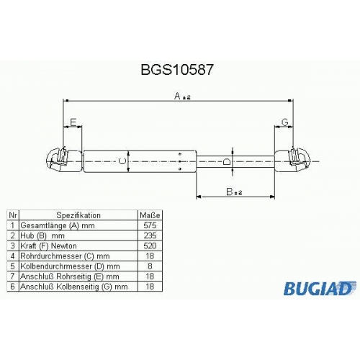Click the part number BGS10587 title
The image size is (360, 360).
[177, 70]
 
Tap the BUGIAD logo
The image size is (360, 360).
[318, 288]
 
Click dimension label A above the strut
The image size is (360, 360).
[177, 96]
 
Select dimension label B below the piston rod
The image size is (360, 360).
[230, 192]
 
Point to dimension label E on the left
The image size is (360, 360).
[73, 122]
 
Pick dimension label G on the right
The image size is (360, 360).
[284, 122]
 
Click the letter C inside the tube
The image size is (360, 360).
[122, 161]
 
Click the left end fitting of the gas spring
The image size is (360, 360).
[64, 160]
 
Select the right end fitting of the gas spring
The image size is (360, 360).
[292, 160]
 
